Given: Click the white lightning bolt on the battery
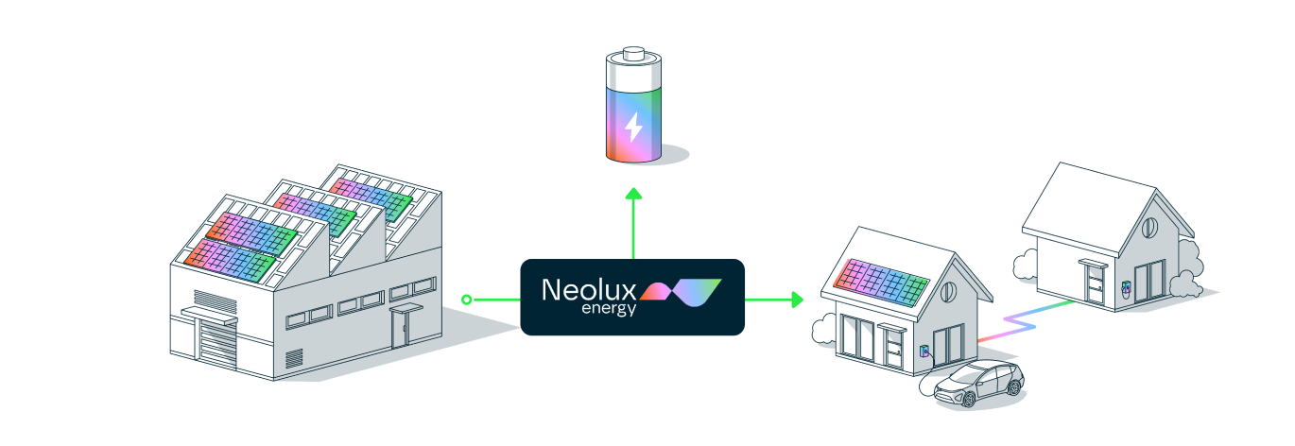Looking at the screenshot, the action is tap(633, 128).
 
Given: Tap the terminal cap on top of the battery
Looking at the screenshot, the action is tap(633, 53).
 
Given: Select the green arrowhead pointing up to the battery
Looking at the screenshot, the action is tap(633, 194).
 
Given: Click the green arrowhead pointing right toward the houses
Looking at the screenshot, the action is tap(797, 300).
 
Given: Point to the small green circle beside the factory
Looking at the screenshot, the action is tap(467, 300).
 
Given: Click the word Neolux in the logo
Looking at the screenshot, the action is tap(589, 289).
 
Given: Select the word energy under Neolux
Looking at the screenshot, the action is tap(609, 308).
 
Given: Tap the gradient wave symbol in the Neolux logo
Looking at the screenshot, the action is tap(681, 292).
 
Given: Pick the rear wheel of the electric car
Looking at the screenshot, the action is tap(1014, 386).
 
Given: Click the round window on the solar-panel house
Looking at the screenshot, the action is tap(949, 292).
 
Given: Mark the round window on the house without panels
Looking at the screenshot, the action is tap(1149, 227).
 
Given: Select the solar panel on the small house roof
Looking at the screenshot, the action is tap(881, 283).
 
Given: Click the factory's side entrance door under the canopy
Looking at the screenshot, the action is tap(400, 328).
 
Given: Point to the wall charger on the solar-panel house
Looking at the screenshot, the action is tap(924, 351).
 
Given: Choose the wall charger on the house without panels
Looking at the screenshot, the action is tap(1126, 287).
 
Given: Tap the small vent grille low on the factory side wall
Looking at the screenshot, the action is tap(294, 358).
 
